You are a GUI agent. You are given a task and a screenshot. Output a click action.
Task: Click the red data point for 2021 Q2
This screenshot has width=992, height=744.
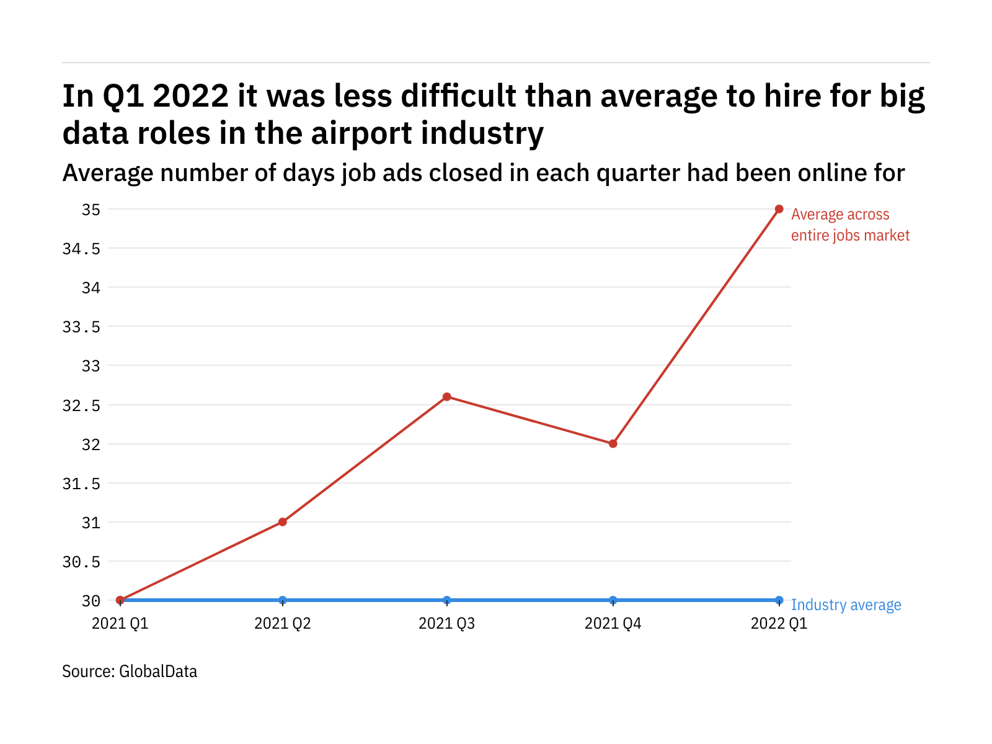pyautogui.click(x=283, y=522)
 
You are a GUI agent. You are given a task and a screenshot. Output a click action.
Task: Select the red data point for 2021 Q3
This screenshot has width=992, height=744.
pyautogui.click(x=447, y=397)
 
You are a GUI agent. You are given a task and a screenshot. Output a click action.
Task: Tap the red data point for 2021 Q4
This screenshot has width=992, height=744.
pyautogui.click(x=613, y=444)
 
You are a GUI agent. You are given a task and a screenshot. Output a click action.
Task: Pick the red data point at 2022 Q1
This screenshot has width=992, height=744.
pyautogui.click(x=779, y=209)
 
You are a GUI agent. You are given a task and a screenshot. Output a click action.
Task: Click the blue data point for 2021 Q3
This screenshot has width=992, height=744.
pyautogui.click(x=447, y=600)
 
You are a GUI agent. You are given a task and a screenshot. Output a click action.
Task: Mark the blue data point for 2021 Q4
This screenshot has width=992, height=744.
pyautogui.click(x=613, y=600)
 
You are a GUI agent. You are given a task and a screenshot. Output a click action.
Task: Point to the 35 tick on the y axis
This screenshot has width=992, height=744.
pyautogui.click(x=91, y=210)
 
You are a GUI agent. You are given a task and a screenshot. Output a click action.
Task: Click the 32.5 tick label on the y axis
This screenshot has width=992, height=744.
pyautogui.click(x=81, y=405)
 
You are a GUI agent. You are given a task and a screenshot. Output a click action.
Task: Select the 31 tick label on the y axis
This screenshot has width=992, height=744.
pyautogui.click(x=91, y=523)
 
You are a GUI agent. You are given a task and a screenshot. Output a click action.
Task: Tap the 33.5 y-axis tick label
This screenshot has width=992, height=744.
pyautogui.click(x=81, y=327)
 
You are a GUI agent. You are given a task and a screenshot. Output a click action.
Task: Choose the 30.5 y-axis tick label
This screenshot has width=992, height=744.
pyautogui.click(x=81, y=562)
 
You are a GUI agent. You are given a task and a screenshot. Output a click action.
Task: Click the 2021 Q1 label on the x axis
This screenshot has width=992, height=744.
pyautogui.click(x=120, y=623)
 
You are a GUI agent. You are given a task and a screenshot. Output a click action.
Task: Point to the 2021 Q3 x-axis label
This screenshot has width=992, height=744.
pyautogui.click(x=447, y=623)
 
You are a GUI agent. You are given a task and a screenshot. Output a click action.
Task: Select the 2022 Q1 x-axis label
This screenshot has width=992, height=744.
pyautogui.click(x=779, y=623)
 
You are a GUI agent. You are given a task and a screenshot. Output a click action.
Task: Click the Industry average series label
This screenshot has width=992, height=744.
pyautogui.click(x=846, y=605)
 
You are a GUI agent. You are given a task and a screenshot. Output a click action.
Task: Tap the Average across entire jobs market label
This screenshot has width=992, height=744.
pyautogui.click(x=850, y=225)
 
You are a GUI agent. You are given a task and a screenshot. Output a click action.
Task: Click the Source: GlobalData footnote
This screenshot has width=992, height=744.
pyautogui.click(x=130, y=671)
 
